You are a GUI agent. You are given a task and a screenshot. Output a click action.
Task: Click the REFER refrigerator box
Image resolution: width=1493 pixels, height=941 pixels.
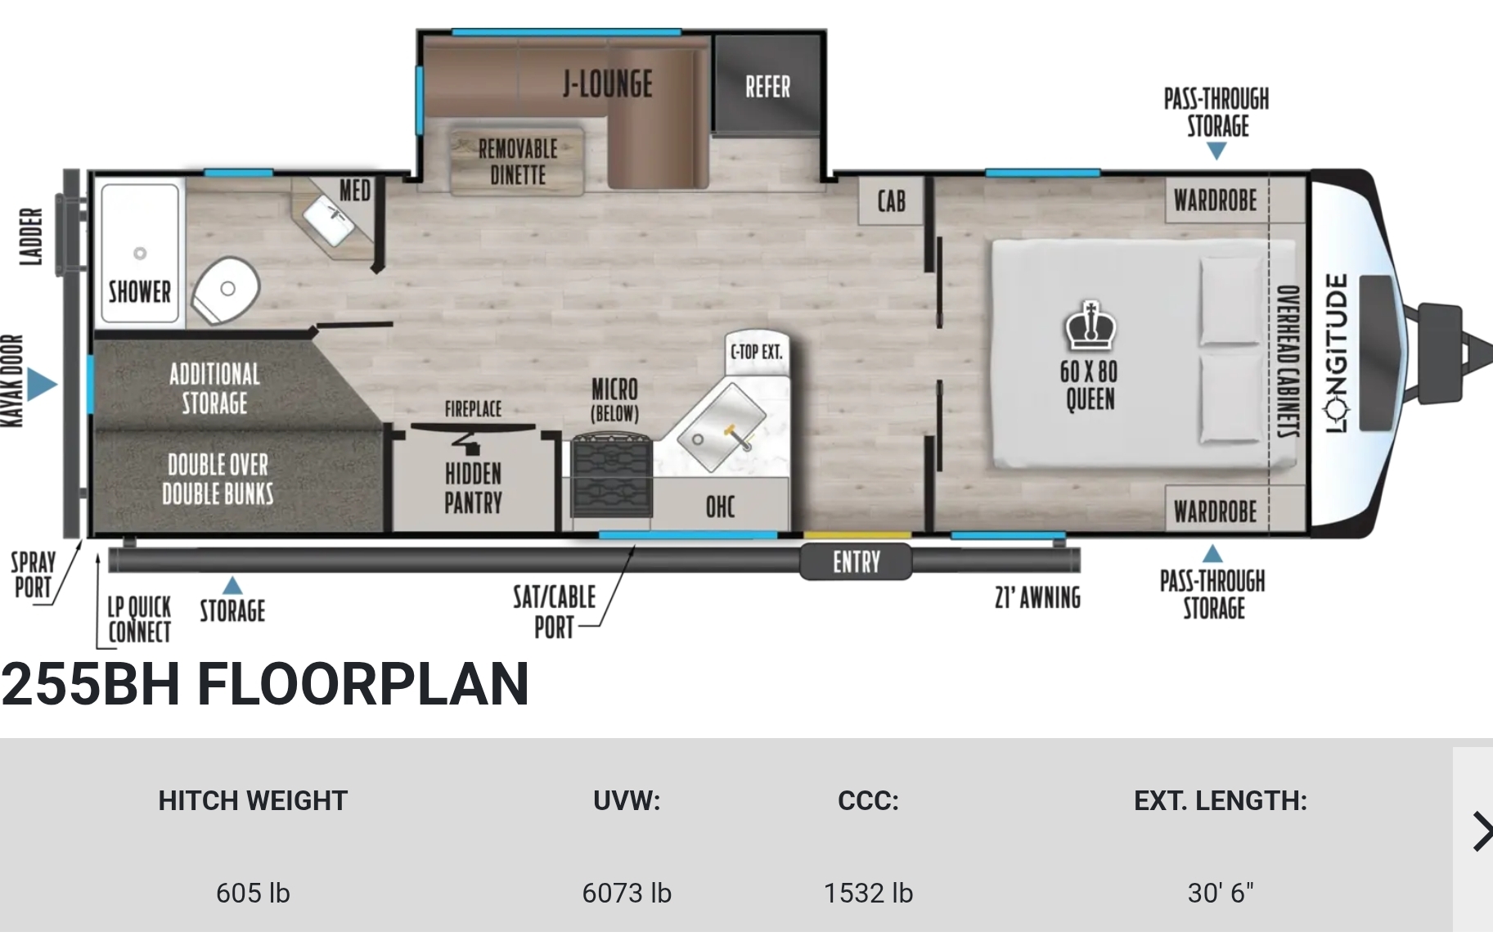(766, 83)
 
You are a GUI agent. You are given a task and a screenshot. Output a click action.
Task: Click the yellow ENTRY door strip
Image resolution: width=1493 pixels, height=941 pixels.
(857, 535)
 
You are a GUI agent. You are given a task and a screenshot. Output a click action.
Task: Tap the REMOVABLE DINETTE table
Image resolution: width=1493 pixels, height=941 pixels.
(517, 161)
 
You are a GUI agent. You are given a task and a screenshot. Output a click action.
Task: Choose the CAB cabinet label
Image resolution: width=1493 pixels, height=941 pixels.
(891, 200)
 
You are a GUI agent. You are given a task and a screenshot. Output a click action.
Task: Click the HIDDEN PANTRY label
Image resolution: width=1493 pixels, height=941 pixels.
(473, 488)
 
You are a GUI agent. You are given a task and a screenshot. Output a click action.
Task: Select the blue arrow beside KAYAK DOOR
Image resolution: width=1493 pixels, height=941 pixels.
(41, 384)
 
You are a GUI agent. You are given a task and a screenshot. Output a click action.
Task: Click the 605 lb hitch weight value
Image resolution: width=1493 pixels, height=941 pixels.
(253, 893)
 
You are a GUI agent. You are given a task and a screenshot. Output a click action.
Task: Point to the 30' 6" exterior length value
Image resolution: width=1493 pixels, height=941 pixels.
(1220, 893)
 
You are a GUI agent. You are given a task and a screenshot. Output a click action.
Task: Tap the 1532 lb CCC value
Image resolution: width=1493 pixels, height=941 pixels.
(868, 893)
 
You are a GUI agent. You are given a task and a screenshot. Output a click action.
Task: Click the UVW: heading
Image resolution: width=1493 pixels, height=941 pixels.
(627, 800)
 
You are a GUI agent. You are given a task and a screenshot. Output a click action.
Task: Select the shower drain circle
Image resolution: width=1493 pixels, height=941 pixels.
(140, 254)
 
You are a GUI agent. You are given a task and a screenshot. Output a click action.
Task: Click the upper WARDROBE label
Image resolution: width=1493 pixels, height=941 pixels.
(1215, 200)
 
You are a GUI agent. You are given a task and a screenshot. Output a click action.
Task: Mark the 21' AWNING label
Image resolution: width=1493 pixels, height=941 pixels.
(1037, 598)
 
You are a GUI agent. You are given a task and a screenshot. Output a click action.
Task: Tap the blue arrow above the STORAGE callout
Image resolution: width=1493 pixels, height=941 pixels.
(232, 585)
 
